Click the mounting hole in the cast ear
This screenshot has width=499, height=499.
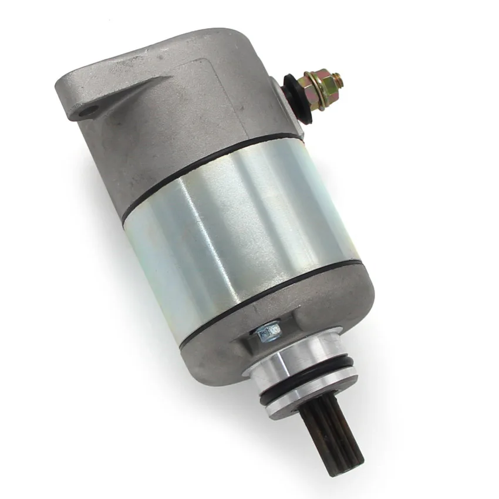pos(89,110)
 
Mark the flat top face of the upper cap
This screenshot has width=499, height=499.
pos(176,47)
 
